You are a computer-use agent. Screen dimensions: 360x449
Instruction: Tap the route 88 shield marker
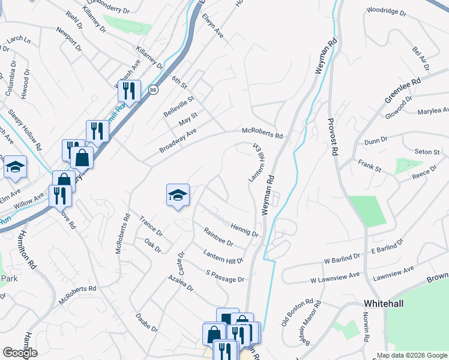[153, 89]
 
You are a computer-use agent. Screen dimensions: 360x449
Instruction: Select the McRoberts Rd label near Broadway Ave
[262, 133]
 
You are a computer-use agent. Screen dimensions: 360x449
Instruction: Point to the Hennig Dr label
[244, 229]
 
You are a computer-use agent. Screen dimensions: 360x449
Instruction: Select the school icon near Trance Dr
[178, 194]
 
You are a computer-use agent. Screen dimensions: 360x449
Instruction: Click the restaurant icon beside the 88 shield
[128, 91]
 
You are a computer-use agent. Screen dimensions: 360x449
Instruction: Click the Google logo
[20, 353]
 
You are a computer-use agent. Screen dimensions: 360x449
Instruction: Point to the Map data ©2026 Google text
[411, 355]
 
